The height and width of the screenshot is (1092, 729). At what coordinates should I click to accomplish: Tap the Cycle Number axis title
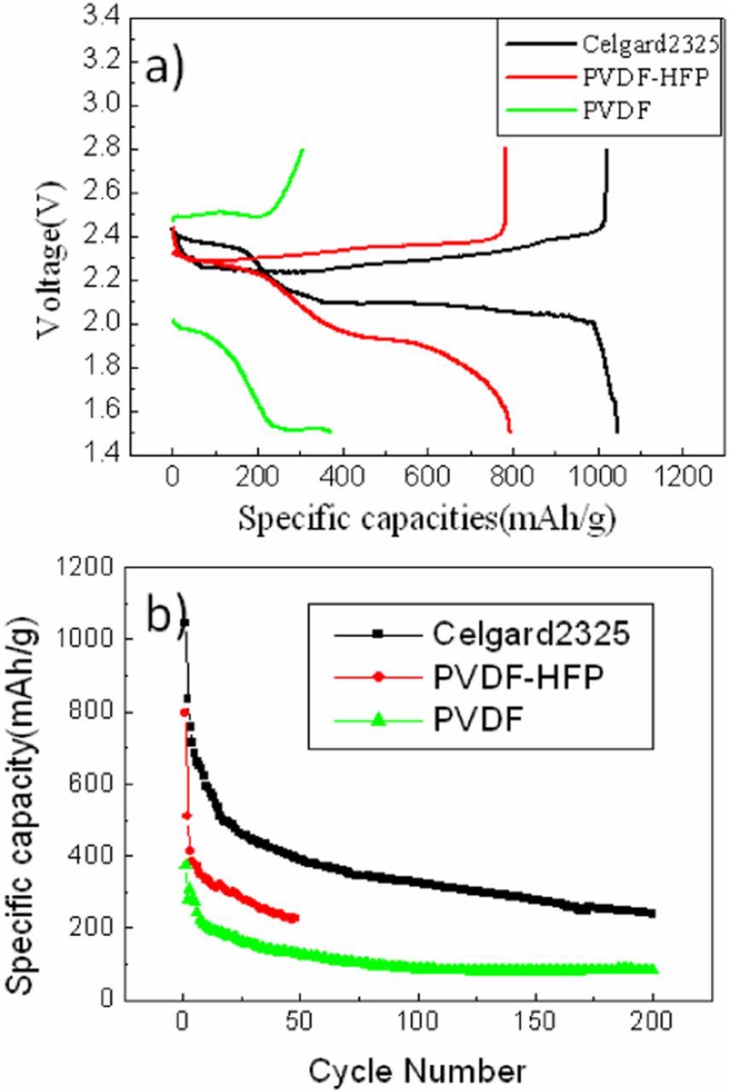click(418, 1068)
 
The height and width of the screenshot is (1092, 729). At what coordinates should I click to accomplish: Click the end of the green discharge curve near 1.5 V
click(330, 430)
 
